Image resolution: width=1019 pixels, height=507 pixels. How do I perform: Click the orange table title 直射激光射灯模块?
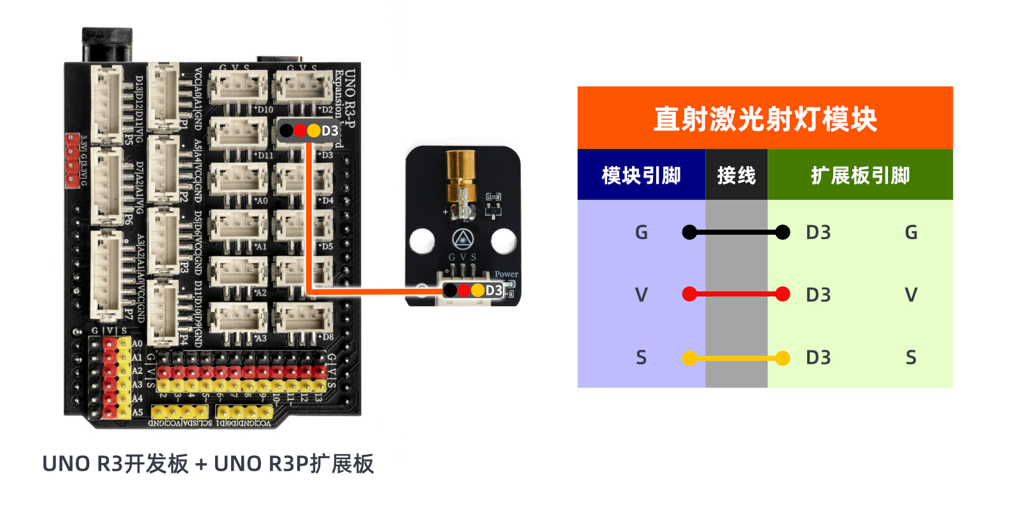tap(764, 119)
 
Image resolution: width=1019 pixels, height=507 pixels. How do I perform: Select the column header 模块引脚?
tap(641, 175)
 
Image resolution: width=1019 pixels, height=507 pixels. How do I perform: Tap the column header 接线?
tap(736, 175)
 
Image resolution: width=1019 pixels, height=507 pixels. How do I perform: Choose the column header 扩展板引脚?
tap(860, 175)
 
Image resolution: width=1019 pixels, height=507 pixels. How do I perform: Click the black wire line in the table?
tap(736, 232)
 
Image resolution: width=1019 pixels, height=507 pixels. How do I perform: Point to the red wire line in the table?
tap(736, 294)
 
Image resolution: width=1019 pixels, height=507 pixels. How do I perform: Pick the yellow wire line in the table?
tap(736, 358)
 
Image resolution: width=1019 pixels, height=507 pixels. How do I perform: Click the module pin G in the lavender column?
tap(641, 232)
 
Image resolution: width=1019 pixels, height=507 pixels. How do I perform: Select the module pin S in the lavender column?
tap(641, 358)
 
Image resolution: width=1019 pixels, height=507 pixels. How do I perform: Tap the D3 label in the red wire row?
tap(818, 295)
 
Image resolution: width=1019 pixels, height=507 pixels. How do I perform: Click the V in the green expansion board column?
tap(911, 295)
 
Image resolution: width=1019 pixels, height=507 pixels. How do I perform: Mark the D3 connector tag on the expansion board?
tap(309, 130)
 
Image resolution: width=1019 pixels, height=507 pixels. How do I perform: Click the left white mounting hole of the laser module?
tap(422, 240)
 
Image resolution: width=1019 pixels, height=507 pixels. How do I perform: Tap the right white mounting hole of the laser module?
tap(503, 240)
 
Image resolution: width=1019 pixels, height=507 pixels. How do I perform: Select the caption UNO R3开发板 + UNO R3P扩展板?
tap(207, 464)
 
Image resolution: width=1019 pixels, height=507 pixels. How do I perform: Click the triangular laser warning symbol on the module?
tap(463, 240)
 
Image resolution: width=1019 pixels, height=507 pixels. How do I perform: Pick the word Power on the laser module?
tap(506, 274)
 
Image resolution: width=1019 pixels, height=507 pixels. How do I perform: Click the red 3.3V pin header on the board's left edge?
tap(72, 160)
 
